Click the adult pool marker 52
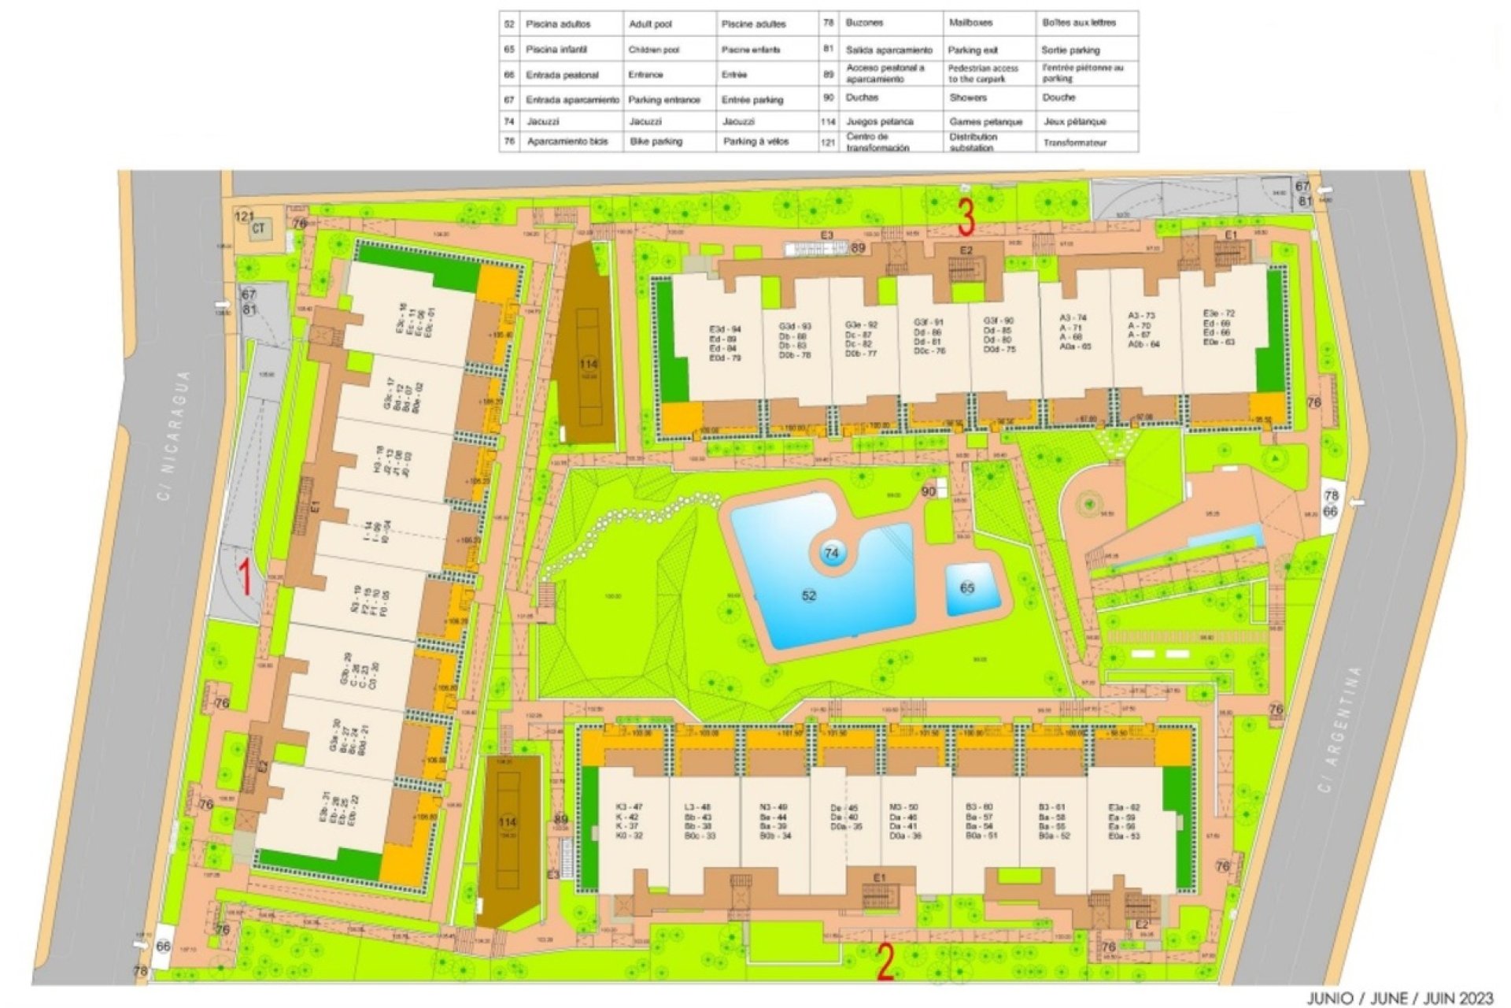809,596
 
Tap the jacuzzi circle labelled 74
832,554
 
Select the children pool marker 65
967,588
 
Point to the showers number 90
929,491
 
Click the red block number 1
246,577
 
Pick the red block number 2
885,963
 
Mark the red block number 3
966,217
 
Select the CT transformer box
258,229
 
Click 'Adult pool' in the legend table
650,24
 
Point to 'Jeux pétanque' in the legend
1075,121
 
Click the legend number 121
828,143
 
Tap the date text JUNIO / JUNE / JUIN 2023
1400,999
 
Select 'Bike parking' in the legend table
656,142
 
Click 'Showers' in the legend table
968,98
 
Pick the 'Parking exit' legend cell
973,50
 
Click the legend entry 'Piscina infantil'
556,49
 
